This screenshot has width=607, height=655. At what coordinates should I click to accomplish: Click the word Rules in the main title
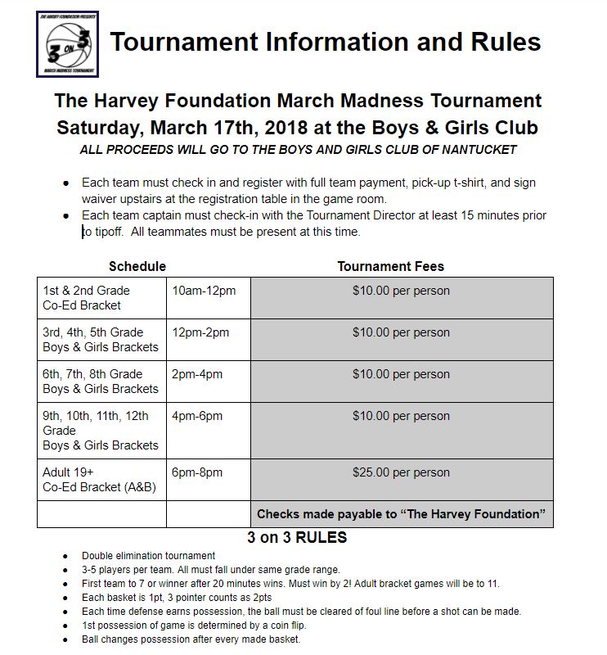click(499, 42)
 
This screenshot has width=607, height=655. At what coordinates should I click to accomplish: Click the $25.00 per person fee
click(401, 472)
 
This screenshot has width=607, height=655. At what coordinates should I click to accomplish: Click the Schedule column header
click(137, 266)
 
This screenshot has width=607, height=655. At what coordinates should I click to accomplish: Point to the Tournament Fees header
click(390, 266)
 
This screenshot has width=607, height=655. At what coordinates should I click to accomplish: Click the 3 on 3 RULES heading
click(297, 538)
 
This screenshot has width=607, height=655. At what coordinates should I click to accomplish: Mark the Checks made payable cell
click(401, 514)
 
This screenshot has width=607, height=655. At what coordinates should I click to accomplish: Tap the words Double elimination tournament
click(148, 556)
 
